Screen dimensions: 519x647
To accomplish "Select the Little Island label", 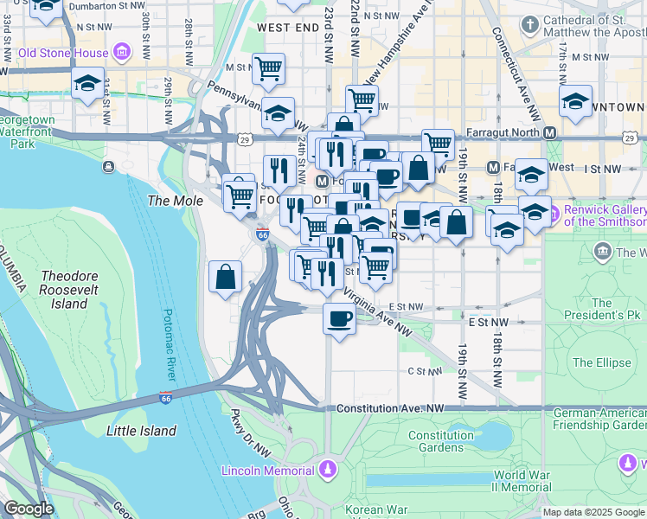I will coord(141,430).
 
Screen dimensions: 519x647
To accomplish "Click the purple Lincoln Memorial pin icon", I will coord(326,470).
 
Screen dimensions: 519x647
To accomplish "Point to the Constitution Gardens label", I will coord(435,441).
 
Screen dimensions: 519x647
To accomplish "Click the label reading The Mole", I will coord(175,201).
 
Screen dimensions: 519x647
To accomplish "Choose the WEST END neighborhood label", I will coord(285,28).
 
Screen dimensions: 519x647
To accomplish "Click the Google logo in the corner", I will coord(28,509).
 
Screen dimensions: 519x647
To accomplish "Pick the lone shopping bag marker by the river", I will coord(225,277).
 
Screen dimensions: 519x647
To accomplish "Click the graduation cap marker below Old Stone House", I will coord(87,84).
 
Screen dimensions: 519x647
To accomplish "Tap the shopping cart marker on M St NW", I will coord(269,67).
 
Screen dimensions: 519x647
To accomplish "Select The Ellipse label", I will coord(602,362).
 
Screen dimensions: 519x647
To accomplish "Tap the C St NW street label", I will coord(424,372).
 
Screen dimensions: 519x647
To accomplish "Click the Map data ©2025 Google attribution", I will coord(593,512).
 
